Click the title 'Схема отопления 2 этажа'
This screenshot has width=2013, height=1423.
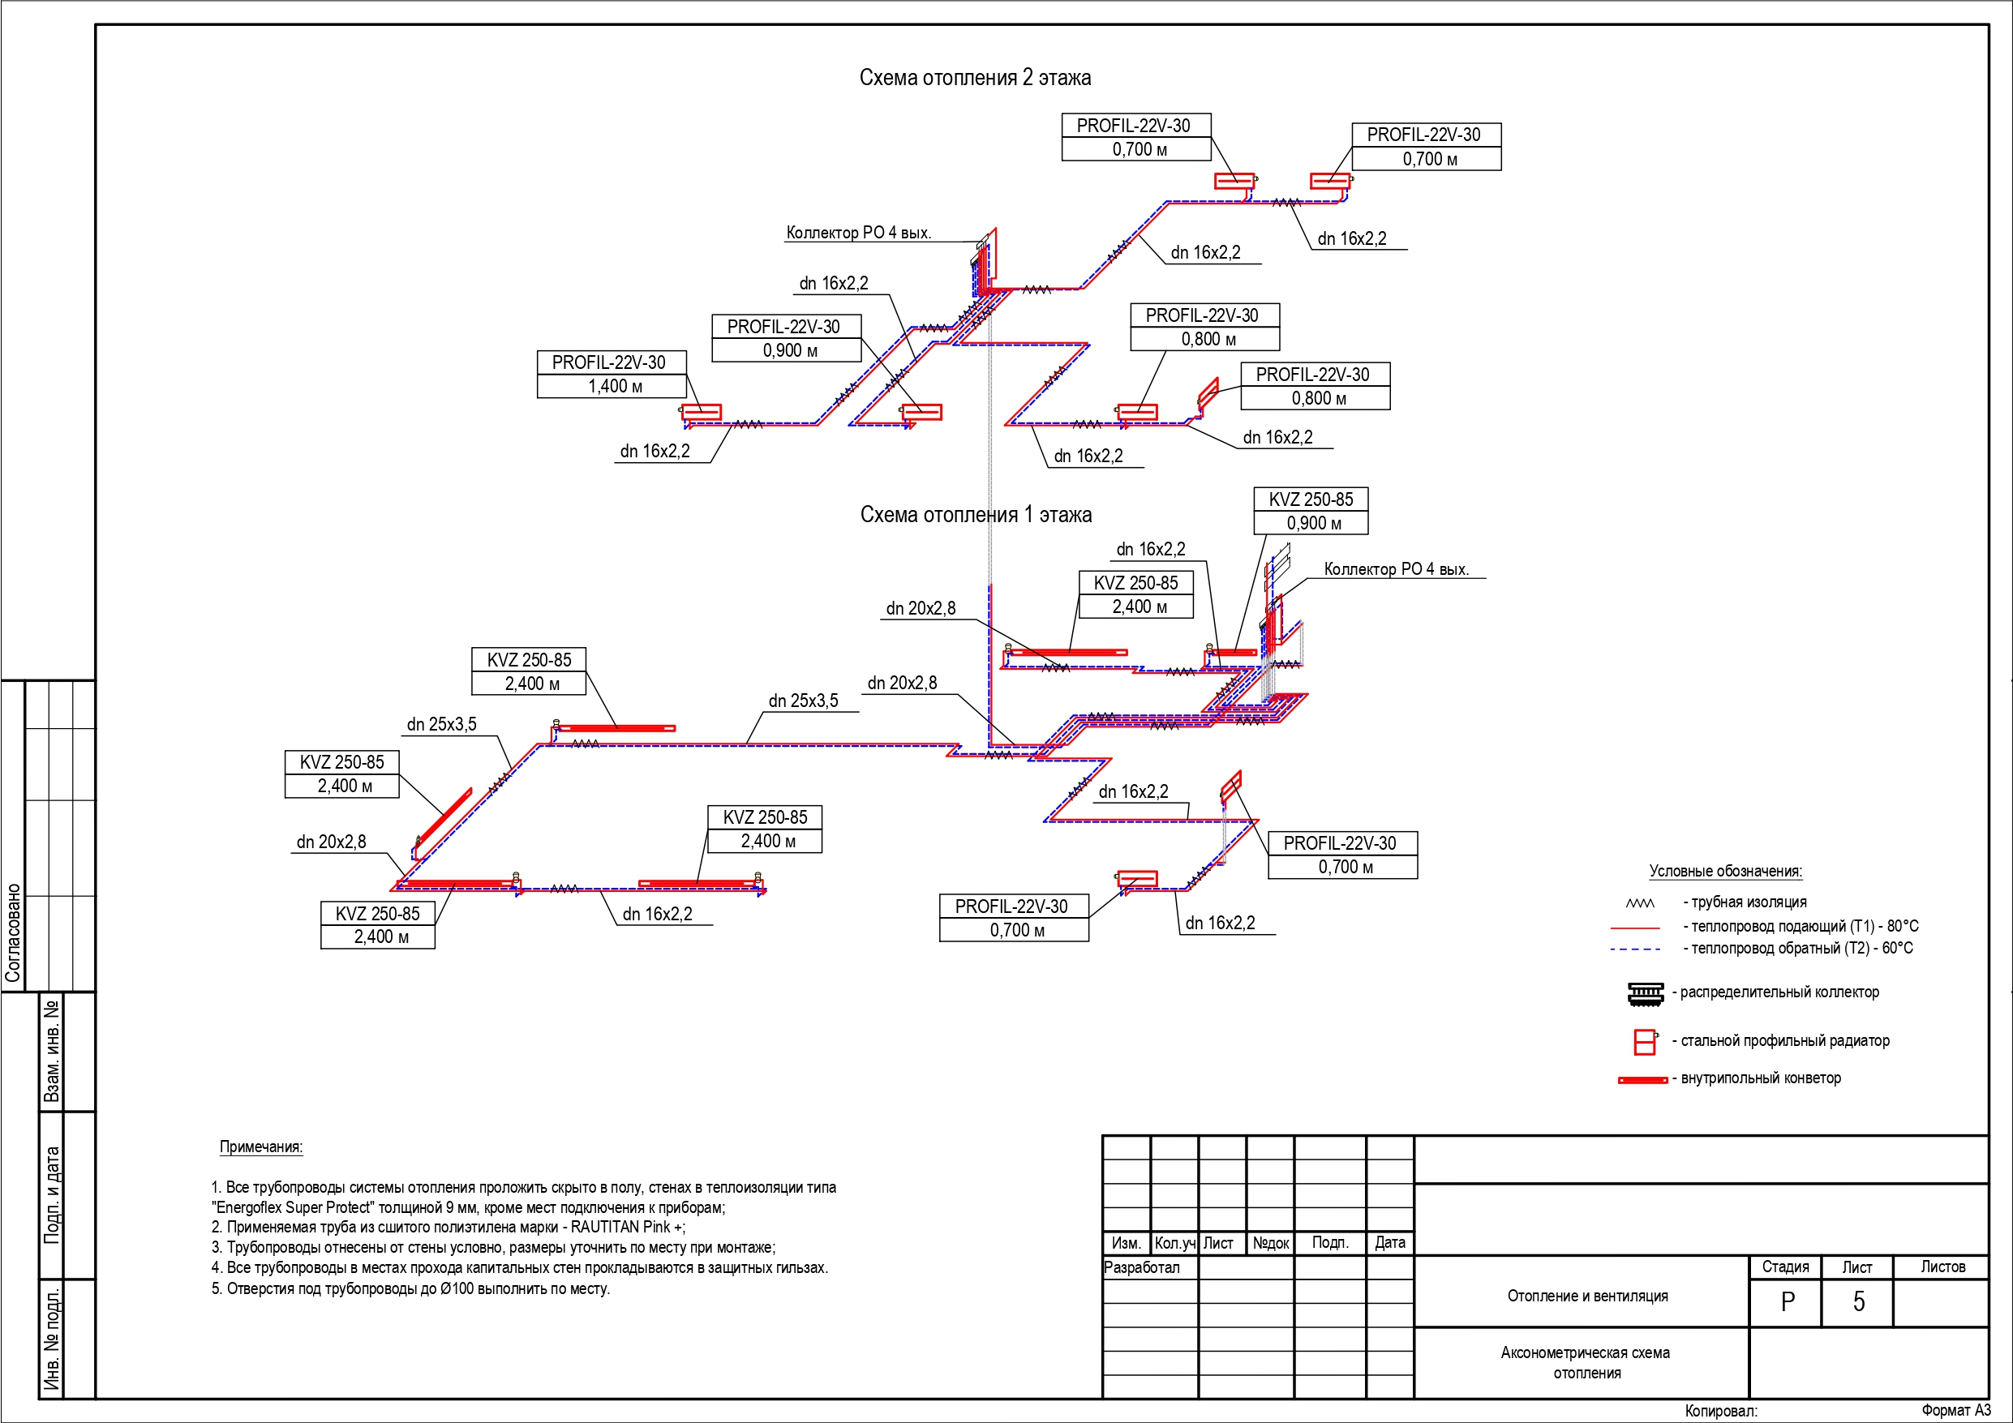tap(975, 78)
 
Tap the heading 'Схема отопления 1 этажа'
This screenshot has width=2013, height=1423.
tap(976, 515)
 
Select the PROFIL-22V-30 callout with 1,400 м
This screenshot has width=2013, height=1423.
tap(611, 375)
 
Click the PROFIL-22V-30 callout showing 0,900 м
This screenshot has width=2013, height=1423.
tap(787, 338)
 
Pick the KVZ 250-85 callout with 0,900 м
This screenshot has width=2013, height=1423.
tap(1311, 511)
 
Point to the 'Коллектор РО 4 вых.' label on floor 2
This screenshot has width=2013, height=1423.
tap(858, 234)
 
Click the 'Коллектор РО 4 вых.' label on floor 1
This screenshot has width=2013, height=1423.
tap(1396, 569)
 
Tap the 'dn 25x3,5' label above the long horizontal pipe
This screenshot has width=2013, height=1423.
tap(803, 701)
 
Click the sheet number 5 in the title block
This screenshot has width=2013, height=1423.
tap(1858, 1302)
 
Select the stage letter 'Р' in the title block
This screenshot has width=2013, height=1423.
tap(1788, 1302)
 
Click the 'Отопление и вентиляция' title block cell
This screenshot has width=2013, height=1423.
tap(1588, 1296)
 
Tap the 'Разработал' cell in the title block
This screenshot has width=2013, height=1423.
tap(1141, 1268)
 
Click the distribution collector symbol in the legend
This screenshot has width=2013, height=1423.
tap(1645, 993)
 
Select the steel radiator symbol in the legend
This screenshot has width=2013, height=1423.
tap(1646, 1042)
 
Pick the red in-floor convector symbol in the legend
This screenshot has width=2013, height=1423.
tap(1643, 1079)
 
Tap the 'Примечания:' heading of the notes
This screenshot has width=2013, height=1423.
tap(261, 1147)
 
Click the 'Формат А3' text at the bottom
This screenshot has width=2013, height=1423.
tap(1956, 1410)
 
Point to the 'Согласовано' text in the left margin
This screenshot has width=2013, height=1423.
tap(13, 933)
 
